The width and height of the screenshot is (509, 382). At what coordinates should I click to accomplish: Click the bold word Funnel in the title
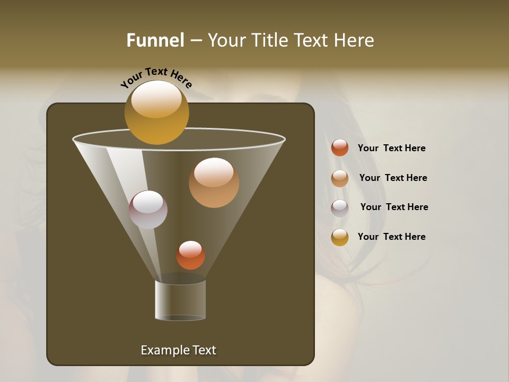[155, 40]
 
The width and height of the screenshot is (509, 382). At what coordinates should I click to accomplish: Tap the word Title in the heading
[269, 40]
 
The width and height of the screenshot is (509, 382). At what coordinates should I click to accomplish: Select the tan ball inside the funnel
[214, 183]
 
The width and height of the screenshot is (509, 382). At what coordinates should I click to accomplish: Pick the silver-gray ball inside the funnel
[148, 210]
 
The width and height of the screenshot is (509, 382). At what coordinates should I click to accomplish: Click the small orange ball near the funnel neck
[190, 255]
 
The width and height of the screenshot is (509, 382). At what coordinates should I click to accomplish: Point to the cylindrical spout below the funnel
[180, 300]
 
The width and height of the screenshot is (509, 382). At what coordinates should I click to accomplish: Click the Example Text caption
[178, 350]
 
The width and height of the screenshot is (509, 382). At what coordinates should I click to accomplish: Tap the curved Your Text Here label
[156, 77]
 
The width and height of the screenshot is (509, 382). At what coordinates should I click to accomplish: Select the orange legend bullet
[340, 148]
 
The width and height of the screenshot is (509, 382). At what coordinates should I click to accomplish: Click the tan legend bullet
[340, 178]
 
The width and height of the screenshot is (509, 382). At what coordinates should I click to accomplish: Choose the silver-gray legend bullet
[340, 207]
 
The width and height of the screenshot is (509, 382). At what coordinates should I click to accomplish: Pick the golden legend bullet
[340, 237]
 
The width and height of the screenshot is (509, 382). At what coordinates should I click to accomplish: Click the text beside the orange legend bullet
[391, 148]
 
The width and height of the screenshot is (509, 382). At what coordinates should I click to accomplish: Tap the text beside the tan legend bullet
[393, 178]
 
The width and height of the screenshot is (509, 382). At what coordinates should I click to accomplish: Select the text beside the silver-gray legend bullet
[394, 207]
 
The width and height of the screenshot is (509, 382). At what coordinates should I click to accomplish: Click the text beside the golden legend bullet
[391, 237]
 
